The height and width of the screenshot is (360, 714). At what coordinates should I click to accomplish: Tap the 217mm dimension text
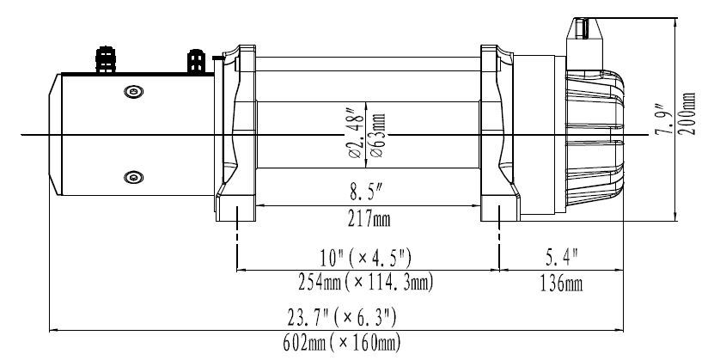click(x=367, y=219)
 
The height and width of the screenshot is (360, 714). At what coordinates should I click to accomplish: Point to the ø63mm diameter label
click(x=379, y=131)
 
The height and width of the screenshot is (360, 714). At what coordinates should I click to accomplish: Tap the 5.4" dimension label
click(x=562, y=256)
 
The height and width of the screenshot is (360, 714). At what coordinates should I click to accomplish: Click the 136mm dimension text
click(x=562, y=283)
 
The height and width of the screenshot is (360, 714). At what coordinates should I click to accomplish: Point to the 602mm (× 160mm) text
click(x=341, y=343)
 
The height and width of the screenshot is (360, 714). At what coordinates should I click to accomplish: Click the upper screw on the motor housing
click(x=131, y=93)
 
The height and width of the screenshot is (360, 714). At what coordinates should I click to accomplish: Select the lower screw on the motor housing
click(x=131, y=177)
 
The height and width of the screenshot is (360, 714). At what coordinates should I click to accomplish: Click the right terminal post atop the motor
click(x=196, y=62)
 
